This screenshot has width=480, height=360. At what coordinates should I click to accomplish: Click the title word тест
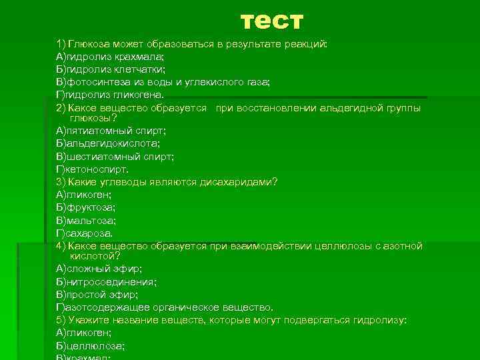tap(271, 21)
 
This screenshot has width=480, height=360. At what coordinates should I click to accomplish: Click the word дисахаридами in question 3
tap(239, 182)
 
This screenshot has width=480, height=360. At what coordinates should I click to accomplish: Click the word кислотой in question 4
tap(95, 256)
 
